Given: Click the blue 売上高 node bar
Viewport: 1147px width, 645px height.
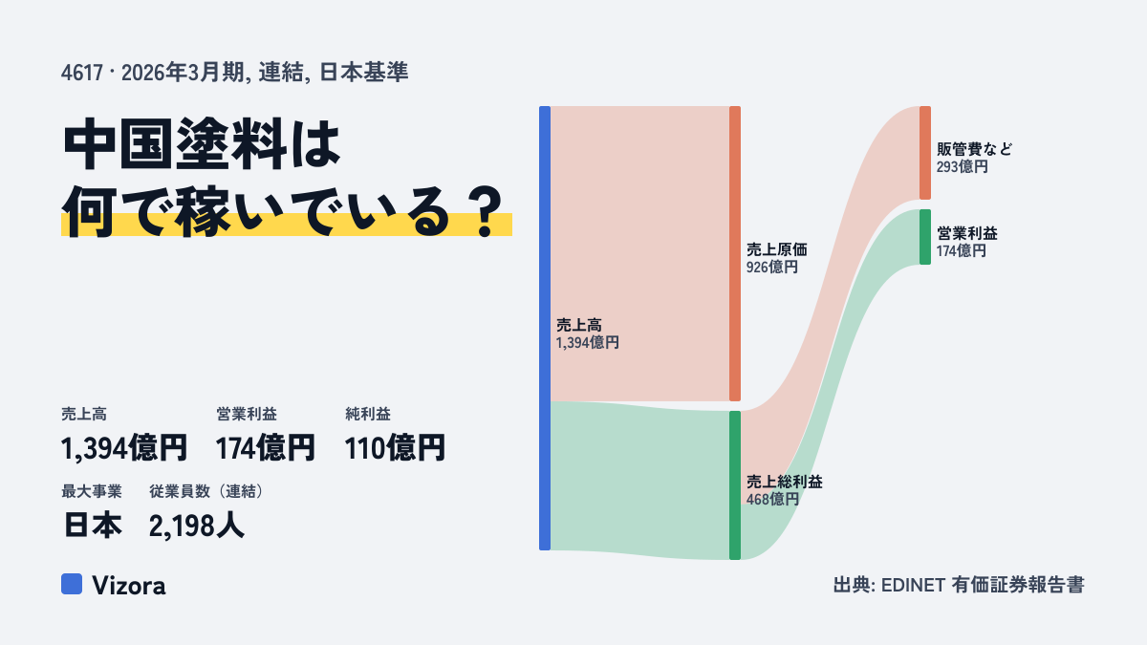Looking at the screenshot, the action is [545, 328].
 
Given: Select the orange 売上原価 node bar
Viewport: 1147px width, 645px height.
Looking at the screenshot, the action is [735, 253].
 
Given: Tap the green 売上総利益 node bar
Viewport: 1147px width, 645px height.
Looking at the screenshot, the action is [735, 485].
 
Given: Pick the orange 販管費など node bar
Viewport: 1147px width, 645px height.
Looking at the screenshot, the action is [925, 153].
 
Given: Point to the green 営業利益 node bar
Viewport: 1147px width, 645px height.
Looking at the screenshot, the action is [925, 237].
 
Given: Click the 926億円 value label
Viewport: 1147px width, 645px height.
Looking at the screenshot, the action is [771, 268].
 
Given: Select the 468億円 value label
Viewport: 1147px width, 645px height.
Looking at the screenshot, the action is [772, 499].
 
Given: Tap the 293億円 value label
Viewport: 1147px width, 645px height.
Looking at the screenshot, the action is [963, 167].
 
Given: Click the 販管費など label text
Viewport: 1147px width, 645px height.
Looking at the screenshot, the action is [974, 149].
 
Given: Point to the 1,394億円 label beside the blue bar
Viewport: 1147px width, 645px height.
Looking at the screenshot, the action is [587, 342].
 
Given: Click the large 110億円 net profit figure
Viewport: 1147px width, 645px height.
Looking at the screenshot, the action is [395, 448].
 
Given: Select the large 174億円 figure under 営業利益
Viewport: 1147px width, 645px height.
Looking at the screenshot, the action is [266, 448].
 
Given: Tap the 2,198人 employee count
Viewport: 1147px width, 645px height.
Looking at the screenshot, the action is [197, 527].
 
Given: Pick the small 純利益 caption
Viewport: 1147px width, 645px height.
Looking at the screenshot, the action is [368, 414].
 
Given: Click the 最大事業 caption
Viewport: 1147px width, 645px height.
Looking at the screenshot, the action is [92, 491].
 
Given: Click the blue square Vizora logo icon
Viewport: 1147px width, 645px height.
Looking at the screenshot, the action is [72, 584].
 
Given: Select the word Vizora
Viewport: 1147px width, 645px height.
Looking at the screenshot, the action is [129, 586].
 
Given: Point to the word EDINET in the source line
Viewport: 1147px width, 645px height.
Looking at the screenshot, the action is [913, 585].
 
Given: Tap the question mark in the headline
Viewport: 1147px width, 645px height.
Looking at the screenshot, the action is [486, 212].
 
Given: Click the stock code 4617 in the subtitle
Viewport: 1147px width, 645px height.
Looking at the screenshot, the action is [82, 73].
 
